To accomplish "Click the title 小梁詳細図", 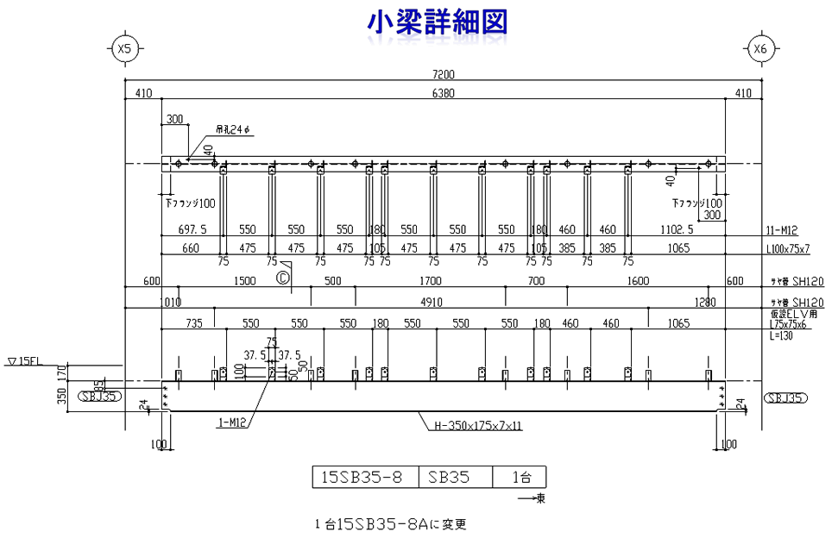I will (436, 22).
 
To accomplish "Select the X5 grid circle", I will (124, 49).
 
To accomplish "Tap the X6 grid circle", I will (759, 49).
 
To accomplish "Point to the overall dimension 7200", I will (443, 75).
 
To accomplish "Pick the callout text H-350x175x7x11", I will (478, 425).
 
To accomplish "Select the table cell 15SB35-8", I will (362, 477).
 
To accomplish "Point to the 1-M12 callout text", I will (232, 422).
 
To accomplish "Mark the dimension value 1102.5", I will (677, 230).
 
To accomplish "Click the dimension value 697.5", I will (192, 230).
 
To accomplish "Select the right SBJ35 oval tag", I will (784, 397).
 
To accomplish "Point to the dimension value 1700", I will (430, 282).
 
